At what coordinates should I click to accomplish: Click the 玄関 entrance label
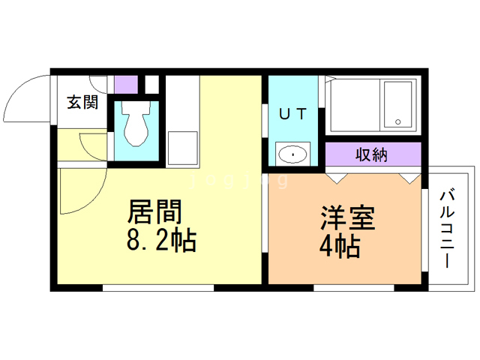(82, 103)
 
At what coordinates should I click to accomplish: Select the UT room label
(292, 114)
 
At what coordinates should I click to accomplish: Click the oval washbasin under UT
(292, 155)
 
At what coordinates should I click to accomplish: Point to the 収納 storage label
(372, 154)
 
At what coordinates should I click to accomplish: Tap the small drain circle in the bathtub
(398, 122)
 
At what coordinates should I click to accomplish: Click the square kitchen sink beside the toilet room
(182, 147)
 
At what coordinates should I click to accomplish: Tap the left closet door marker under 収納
(337, 177)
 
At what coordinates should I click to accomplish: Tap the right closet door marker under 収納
(409, 177)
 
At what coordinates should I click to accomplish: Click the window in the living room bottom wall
(158, 287)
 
